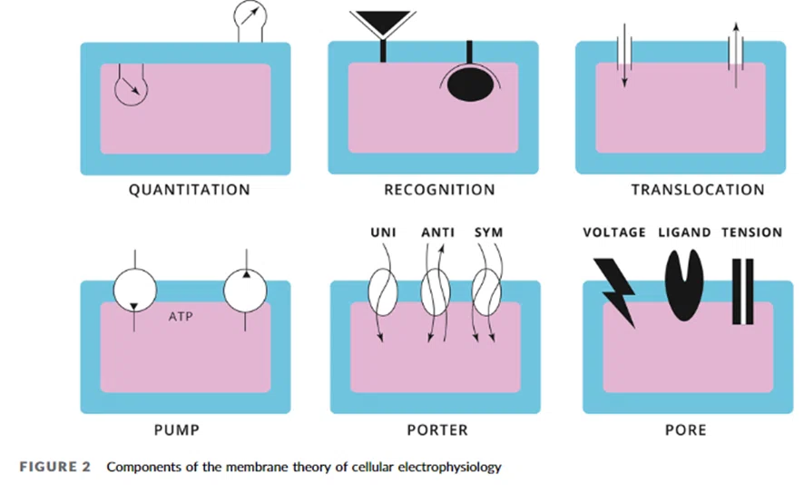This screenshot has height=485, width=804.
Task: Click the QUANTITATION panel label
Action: pos(190,190)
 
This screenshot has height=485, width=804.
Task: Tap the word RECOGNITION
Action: pos(439,190)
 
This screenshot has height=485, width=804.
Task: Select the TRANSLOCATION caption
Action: pos(698,190)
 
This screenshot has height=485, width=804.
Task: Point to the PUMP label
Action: pos(177,430)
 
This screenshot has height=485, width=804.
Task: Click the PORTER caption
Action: pos(437,430)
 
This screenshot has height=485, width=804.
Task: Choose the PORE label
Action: pos(685,430)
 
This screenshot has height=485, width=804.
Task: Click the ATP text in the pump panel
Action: pos(181,316)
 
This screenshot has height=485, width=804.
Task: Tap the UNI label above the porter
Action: pos(384,233)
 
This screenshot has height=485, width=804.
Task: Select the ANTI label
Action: pos(438,233)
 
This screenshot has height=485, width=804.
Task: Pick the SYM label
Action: pos(488,233)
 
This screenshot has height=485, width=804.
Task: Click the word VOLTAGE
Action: pos(614,233)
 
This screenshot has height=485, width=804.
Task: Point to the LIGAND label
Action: pos(684,233)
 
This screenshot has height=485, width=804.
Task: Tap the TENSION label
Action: pos(751,233)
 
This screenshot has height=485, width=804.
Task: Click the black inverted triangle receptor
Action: pos(383,22)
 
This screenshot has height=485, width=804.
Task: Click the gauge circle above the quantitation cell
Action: pos(250,15)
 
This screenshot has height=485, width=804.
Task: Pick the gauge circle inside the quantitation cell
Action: pos(132,90)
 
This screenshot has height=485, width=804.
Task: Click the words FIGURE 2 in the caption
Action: pos(54,467)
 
